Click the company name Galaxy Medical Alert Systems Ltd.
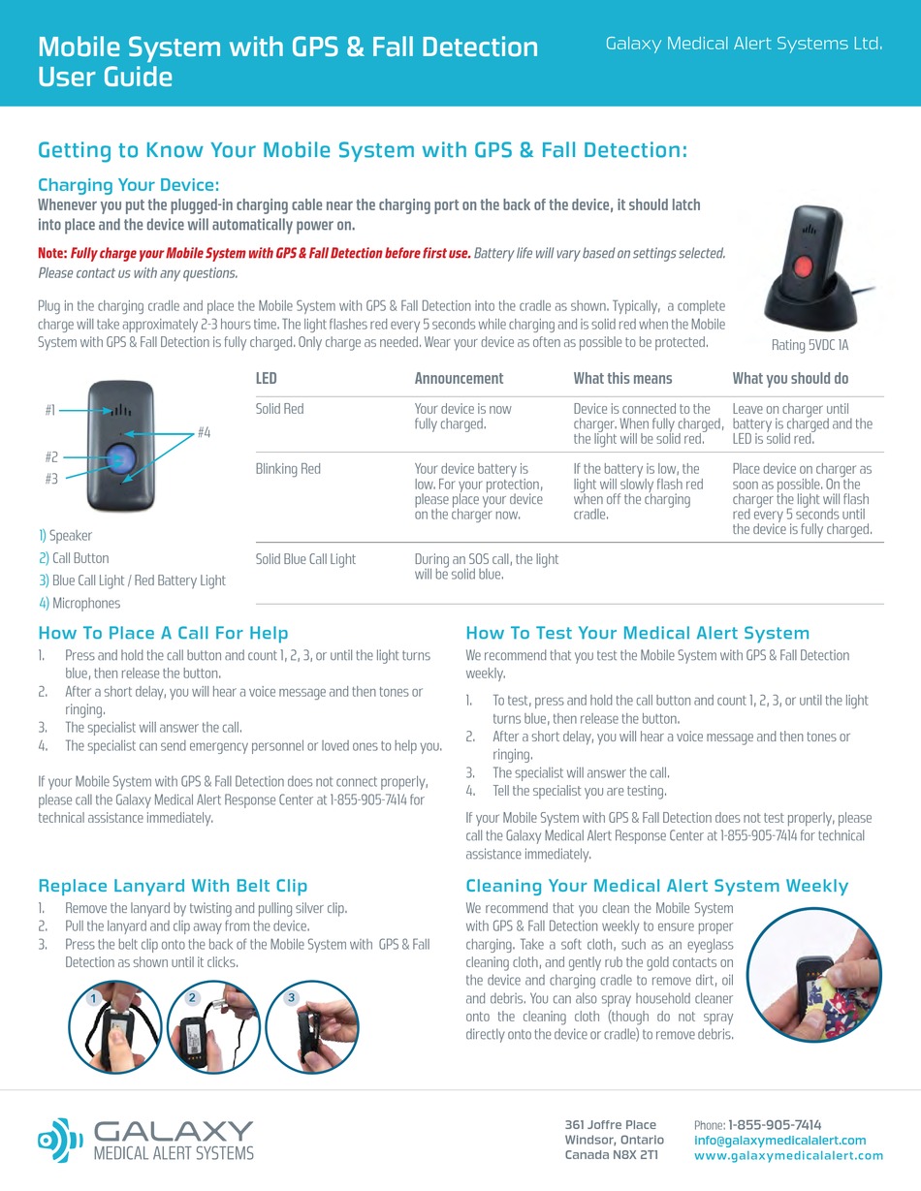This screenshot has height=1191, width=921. click(744, 44)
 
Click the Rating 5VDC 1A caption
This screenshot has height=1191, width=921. click(810, 345)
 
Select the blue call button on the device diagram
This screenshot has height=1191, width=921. click(120, 457)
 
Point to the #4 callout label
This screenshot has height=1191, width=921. click(204, 432)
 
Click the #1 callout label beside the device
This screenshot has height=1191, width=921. click(50, 410)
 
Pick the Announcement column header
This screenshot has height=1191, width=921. click(459, 378)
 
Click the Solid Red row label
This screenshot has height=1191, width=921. click(279, 409)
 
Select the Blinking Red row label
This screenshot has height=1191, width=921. click(288, 469)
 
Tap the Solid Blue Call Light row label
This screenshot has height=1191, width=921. click(305, 559)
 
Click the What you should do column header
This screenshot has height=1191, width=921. click(790, 378)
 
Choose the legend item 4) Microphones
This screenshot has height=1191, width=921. click(79, 603)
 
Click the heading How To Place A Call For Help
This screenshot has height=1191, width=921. click(163, 634)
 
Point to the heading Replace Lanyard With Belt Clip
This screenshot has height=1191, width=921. click(173, 886)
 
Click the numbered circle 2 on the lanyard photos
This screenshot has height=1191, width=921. click(193, 997)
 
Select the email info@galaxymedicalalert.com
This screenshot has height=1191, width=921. click(779, 1141)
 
